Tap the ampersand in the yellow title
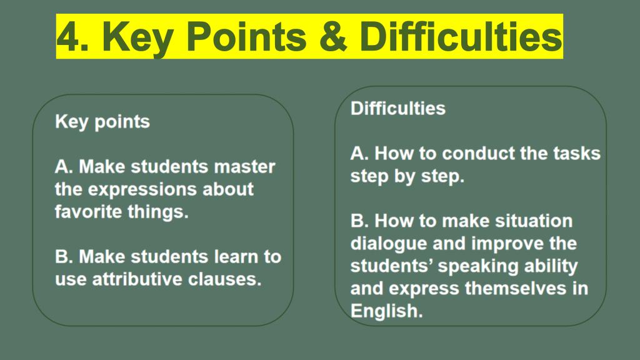(x=332, y=37)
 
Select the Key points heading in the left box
(x=102, y=122)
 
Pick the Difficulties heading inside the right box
(x=398, y=109)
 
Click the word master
(x=244, y=167)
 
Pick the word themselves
(x=516, y=289)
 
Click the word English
(x=386, y=312)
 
